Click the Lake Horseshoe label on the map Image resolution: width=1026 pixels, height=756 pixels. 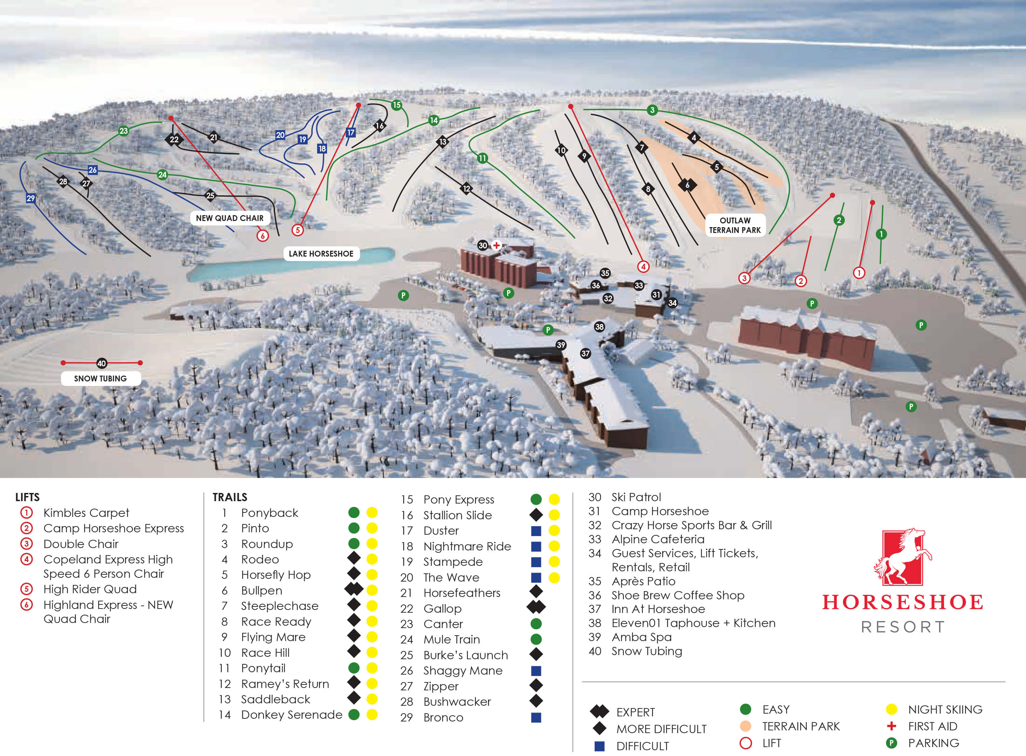click(321, 253)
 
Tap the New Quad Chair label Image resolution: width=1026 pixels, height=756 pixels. click(229, 218)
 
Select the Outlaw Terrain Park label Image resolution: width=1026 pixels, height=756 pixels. click(735, 225)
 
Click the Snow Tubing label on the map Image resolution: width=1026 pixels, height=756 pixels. click(100, 378)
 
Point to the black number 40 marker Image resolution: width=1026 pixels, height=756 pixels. click(102, 363)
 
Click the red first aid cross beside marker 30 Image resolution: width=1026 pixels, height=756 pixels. click(496, 245)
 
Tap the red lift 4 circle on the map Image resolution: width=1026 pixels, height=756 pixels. click(643, 266)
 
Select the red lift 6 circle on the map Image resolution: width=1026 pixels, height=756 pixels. click(262, 236)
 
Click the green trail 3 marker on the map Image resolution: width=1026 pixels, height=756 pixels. click(652, 110)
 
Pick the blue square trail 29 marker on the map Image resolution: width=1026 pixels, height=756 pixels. click(31, 198)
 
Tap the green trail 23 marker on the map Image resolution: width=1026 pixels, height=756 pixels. click(124, 131)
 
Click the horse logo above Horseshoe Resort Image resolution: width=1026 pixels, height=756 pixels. click(902, 557)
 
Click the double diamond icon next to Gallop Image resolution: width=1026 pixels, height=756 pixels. click(536, 607)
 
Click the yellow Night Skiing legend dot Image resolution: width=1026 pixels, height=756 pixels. click(891, 709)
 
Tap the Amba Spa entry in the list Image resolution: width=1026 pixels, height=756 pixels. click(641, 637)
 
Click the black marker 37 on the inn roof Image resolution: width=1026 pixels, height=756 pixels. click(585, 353)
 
